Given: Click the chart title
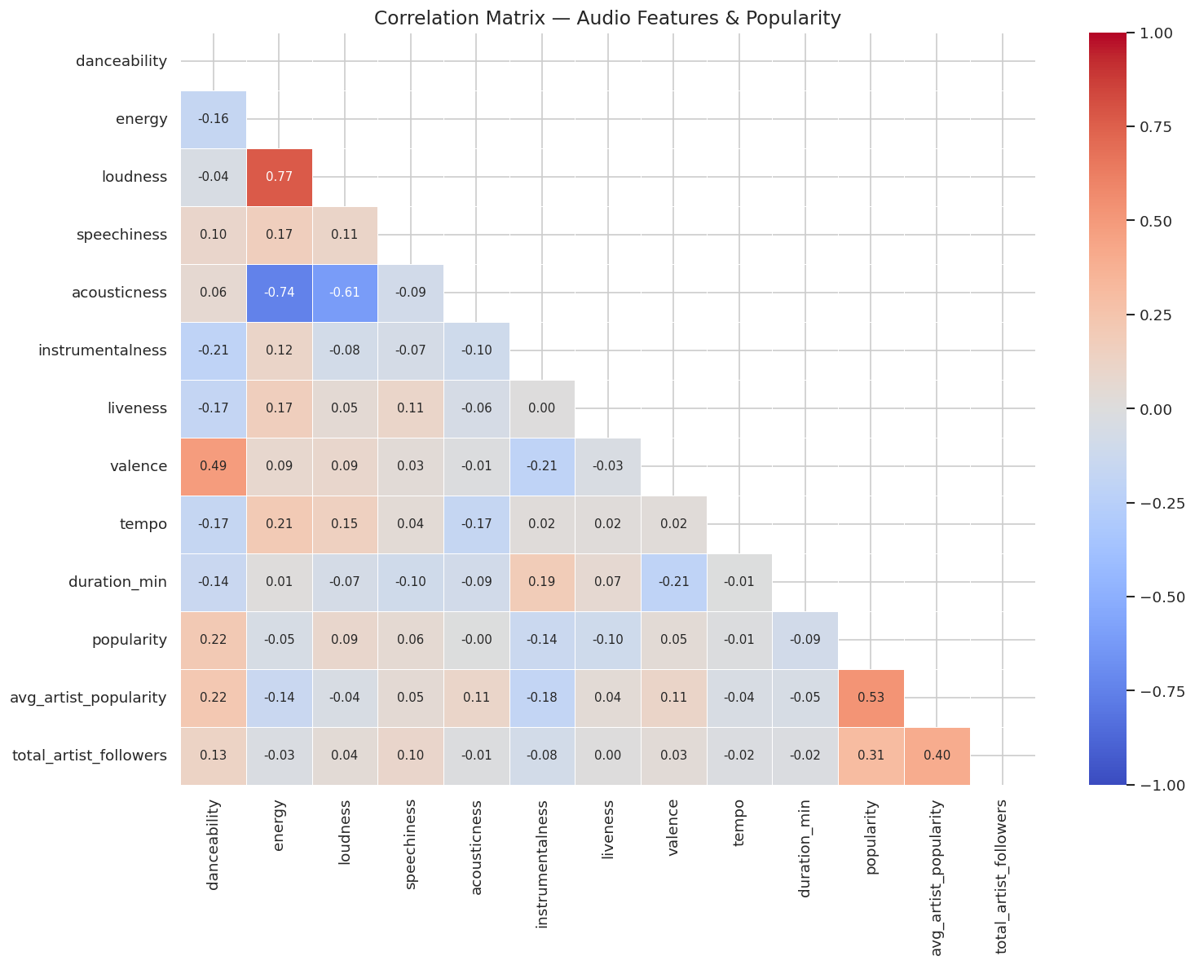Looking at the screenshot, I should point(607,18).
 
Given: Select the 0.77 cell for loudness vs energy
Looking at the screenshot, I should point(279,177).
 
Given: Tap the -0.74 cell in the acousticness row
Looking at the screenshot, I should point(279,293).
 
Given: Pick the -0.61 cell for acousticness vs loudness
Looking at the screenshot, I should point(345,293).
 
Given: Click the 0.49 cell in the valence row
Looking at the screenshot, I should point(214,466).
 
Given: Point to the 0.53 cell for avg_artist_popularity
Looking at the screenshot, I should point(871,698).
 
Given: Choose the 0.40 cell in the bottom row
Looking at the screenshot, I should point(937,756).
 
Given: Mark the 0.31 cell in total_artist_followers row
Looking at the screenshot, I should point(871,756).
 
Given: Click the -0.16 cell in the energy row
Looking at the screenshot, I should point(214,119).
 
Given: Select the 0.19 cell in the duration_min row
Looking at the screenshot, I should point(542,582).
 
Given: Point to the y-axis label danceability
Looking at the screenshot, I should point(121,61).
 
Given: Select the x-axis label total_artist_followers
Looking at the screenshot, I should point(1002,876).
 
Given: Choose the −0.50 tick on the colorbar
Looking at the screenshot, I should point(1149,597).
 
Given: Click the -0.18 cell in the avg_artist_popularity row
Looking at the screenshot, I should point(542,698).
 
